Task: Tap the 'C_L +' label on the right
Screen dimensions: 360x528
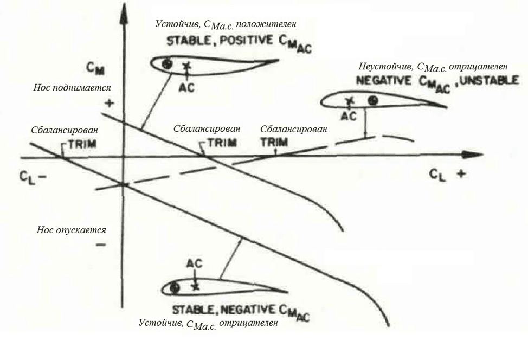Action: click(x=448, y=174)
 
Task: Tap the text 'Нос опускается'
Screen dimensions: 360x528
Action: click(x=71, y=229)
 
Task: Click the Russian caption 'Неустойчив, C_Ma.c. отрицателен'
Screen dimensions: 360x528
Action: click(x=433, y=67)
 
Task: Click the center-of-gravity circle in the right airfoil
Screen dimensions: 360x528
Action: click(x=372, y=100)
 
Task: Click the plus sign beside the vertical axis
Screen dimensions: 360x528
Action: click(x=109, y=103)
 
